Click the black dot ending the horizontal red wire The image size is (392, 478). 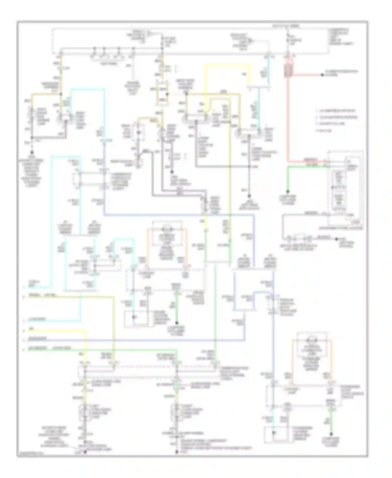[322, 75]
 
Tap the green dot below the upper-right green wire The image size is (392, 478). [288, 191]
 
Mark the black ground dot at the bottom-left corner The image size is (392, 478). [85, 452]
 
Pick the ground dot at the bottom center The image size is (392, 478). [177, 452]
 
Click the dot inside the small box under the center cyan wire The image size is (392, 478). [134, 317]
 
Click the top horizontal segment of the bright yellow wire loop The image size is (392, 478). [227, 65]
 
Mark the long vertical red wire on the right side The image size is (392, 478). [288, 118]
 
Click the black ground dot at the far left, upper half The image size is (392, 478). [32, 152]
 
